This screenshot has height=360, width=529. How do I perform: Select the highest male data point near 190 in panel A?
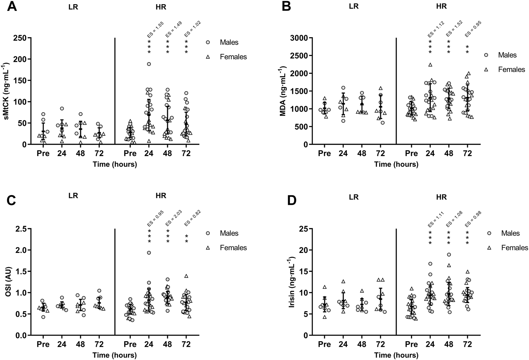149,64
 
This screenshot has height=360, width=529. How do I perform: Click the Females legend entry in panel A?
233,57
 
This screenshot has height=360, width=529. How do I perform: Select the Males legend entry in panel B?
507,55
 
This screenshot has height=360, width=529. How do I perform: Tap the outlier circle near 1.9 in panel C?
149,253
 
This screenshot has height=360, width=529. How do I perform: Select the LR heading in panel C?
73,196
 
